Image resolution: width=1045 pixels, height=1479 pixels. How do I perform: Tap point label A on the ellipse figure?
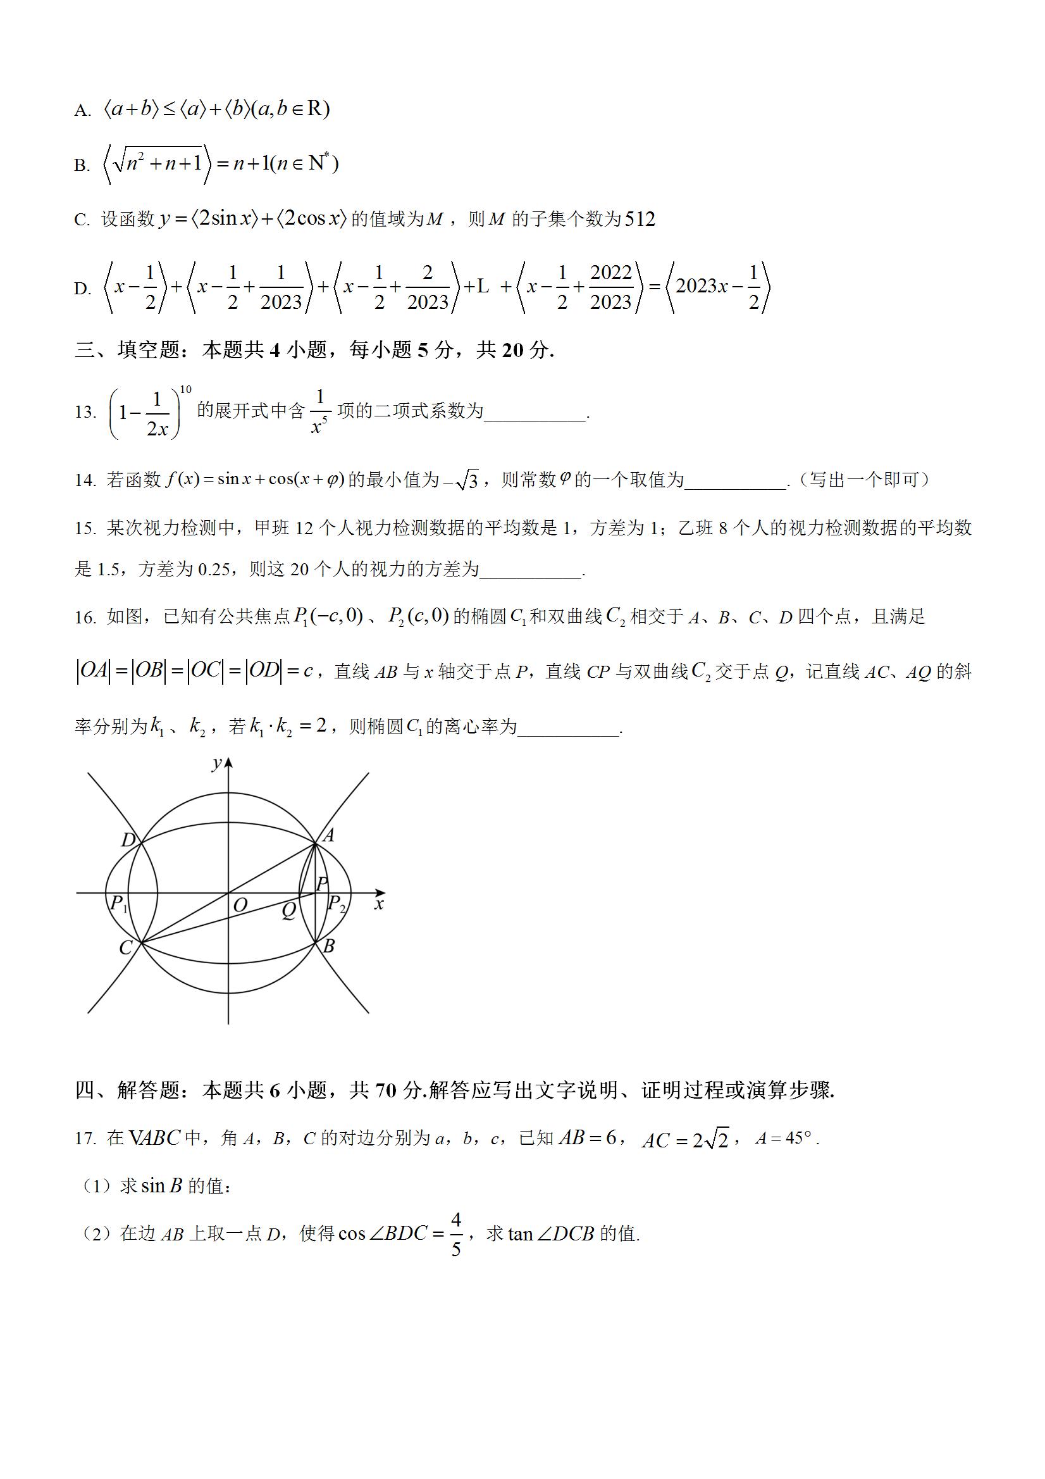pyautogui.click(x=328, y=835)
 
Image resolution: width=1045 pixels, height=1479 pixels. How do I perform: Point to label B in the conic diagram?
pyautogui.click(x=328, y=945)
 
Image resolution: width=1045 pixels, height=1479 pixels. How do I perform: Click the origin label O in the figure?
pyautogui.click(x=240, y=905)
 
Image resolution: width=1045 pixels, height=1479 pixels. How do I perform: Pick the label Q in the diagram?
pyautogui.click(x=288, y=909)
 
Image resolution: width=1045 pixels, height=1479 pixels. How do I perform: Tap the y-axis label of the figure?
pyautogui.click(x=217, y=764)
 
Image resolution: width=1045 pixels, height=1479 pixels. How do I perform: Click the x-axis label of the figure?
pyautogui.click(x=380, y=904)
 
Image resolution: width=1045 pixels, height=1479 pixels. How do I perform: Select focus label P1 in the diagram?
pyautogui.click(x=118, y=904)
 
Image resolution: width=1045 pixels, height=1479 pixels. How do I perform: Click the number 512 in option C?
pyautogui.click(x=640, y=220)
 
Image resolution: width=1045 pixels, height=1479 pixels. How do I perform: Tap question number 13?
pyautogui.click(x=85, y=412)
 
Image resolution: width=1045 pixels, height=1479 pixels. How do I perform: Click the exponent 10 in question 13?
pyautogui.click(x=185, y=389)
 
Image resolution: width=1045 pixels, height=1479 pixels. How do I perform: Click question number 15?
pyautogui.click(x=85, y=529)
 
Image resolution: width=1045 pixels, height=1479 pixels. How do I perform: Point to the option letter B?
pyautogui.click(x=81, y=166)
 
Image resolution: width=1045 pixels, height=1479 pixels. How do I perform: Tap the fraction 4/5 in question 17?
pyautogui.click(x=456, y=1235)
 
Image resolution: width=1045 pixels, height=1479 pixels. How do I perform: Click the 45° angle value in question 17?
pyautogui.click(x=791, y=1139)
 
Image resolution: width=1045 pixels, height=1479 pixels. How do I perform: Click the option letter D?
pyautogui.click(x=82, y=289)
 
